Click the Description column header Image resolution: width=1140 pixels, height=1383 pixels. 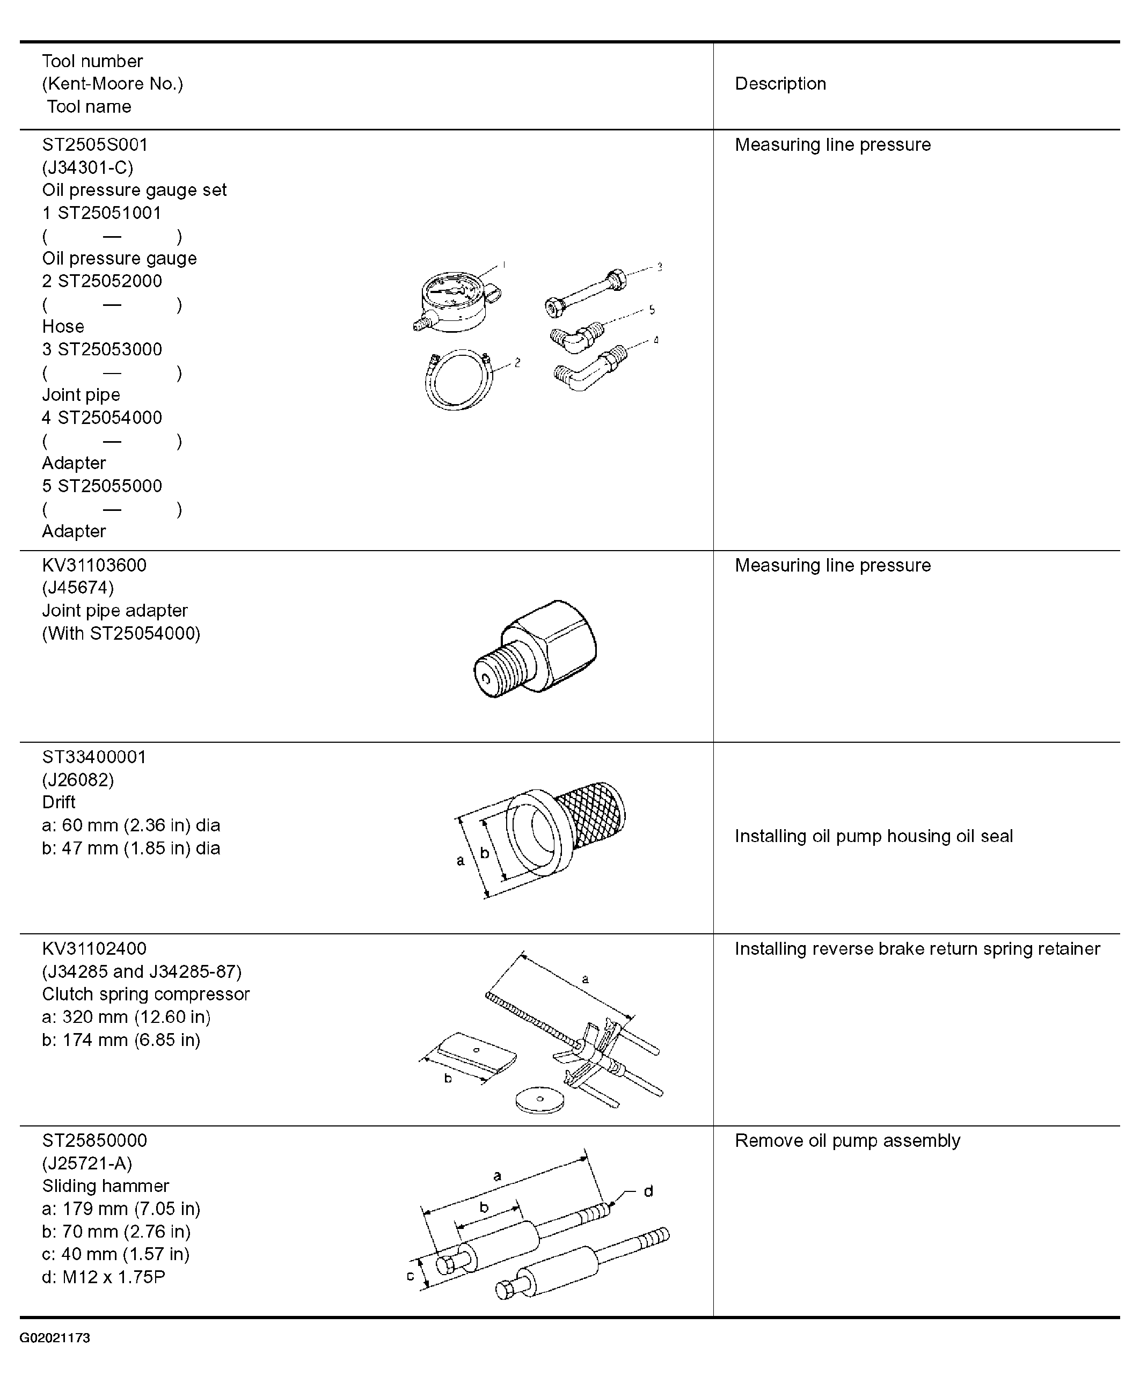780,84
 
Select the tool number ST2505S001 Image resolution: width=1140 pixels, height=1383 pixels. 94,144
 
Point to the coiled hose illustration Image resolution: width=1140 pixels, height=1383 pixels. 458,380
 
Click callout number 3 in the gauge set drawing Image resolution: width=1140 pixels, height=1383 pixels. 659,267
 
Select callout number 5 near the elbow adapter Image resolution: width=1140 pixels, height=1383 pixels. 652,310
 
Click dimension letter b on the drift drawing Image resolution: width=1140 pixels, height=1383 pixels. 485,853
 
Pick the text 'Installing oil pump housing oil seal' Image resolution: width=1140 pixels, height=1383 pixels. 873,836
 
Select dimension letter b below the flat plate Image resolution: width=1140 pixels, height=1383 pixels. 448,1078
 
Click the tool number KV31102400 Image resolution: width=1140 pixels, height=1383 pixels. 94,948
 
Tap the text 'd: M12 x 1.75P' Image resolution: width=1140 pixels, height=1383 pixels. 104,1277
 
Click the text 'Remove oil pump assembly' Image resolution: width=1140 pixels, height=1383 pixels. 847,1140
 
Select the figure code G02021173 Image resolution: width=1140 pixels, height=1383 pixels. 55,1338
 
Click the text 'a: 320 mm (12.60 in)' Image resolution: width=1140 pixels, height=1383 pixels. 126,1016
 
